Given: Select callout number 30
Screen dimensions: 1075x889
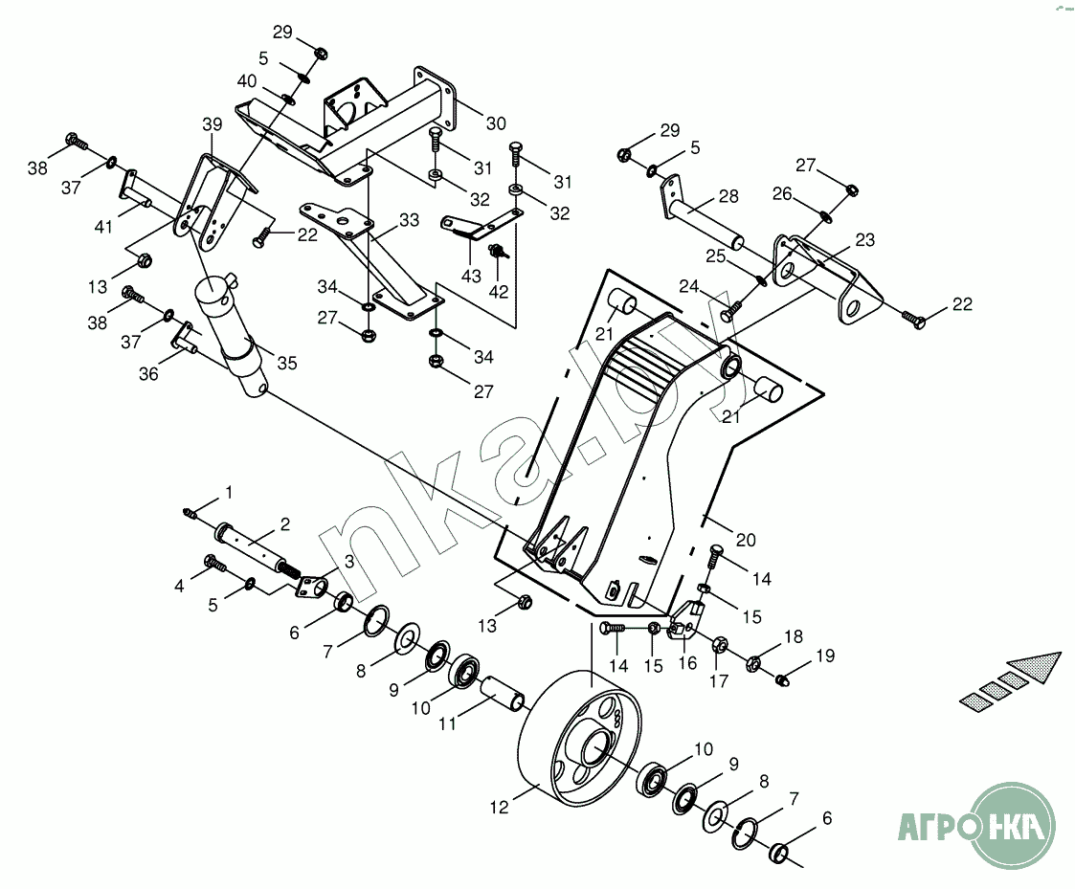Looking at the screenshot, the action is [x=496, y=123].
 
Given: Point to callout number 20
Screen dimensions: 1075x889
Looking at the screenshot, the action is [x=746, y=540].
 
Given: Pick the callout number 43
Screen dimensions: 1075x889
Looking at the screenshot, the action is [x=471, y=276].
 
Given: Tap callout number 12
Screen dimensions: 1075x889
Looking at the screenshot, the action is [x=499, y=808].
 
